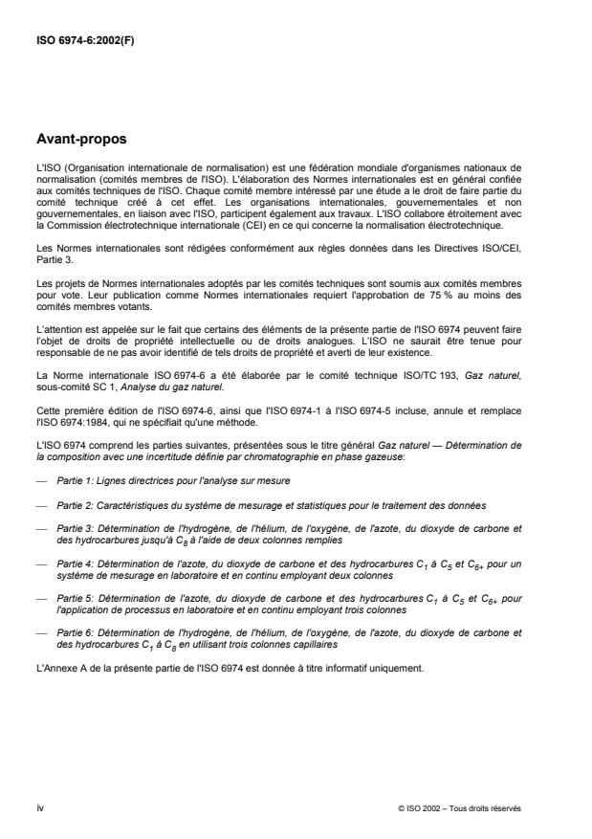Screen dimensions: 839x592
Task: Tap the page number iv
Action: [40, 807]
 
